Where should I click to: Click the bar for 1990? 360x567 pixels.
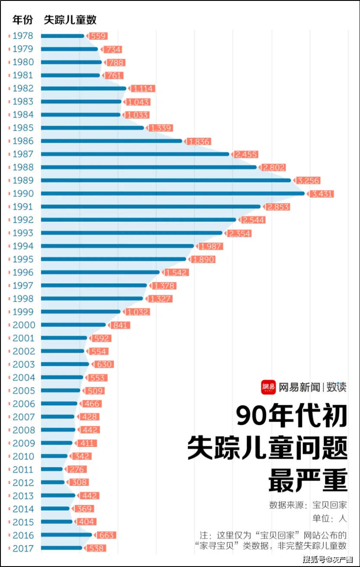pos(173,193)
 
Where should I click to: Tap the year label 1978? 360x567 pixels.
pos(22,36)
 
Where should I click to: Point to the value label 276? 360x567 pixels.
pos(78,469)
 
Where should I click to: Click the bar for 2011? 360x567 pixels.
pos(52,469)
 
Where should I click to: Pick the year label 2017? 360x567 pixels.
pos(22,548)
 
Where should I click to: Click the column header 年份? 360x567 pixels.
pos(22,20)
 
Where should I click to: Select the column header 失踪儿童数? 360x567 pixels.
pos(70,20)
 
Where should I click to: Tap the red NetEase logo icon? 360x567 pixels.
pos(268,387)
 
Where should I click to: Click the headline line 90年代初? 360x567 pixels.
pos(292,417)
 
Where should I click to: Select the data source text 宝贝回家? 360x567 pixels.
pos(330,505)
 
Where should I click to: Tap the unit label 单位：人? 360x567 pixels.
pos(330,519)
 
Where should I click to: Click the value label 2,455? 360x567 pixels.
pos(246,154)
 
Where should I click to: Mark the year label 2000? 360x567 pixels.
pos(24,325)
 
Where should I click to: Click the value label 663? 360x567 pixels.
pos(106,535)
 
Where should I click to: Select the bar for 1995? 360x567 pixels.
pos(113,259)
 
